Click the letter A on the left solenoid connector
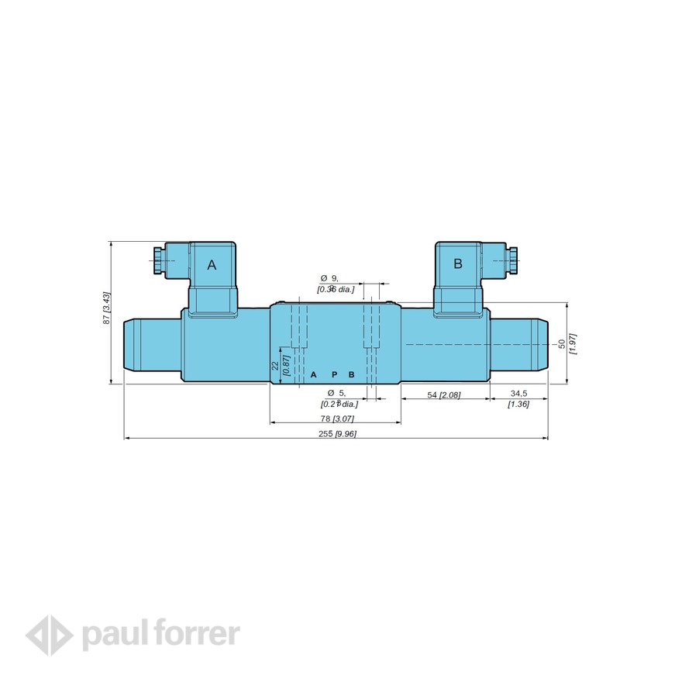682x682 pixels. coord(212,265)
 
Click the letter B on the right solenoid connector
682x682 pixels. coord(457,263)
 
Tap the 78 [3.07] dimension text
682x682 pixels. coord(336,418)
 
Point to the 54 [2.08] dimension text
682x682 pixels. coord(444,395)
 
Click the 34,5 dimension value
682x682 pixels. coord(518,394)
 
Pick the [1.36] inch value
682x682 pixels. coord(518,404)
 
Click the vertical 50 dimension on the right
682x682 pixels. coord(561,343)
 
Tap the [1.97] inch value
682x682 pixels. coord(573,343)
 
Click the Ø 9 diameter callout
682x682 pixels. coord(330,277)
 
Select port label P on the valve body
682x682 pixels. coord(334,374)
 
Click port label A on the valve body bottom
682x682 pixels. coord(314,374)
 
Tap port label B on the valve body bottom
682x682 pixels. coord(351,374)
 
